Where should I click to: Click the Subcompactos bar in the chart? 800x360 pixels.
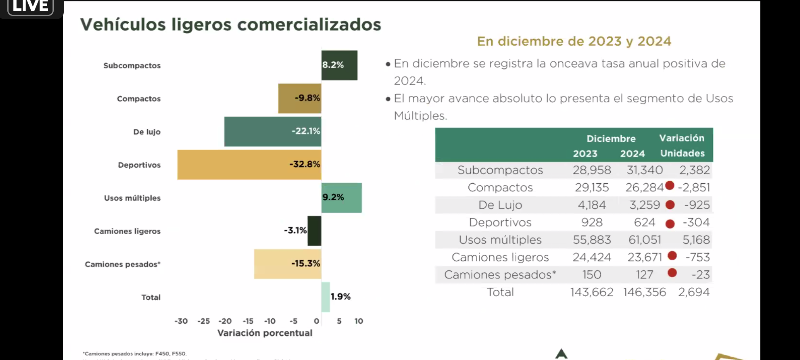tap(339, 65)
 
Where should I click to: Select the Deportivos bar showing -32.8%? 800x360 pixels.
tap(249, 165)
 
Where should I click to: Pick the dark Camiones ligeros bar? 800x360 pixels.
tap(314, 231)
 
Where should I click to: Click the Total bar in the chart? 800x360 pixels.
tap(326, 297)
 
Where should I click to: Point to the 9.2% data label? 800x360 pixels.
tap(333, 197)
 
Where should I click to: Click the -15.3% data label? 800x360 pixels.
tap(306, 264)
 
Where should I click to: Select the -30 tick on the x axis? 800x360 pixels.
tap(181, 321)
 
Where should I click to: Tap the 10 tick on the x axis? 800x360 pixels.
tap(359, 321)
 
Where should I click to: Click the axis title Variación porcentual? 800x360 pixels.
tap(265, 333)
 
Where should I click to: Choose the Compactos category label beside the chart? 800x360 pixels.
tap(139, 99)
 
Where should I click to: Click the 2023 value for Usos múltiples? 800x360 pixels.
tap(592, 240)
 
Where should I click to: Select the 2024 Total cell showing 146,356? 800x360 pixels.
tap(644, 292)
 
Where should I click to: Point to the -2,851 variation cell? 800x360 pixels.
tap(694, 188)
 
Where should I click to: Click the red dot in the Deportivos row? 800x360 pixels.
tap(670, 224)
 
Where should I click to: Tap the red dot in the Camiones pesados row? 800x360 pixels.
tap(672, 273)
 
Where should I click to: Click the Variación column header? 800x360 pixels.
tap(682, 138)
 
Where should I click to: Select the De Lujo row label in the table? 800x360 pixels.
tap(500, 205)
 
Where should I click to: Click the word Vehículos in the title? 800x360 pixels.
tap(123, 25)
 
